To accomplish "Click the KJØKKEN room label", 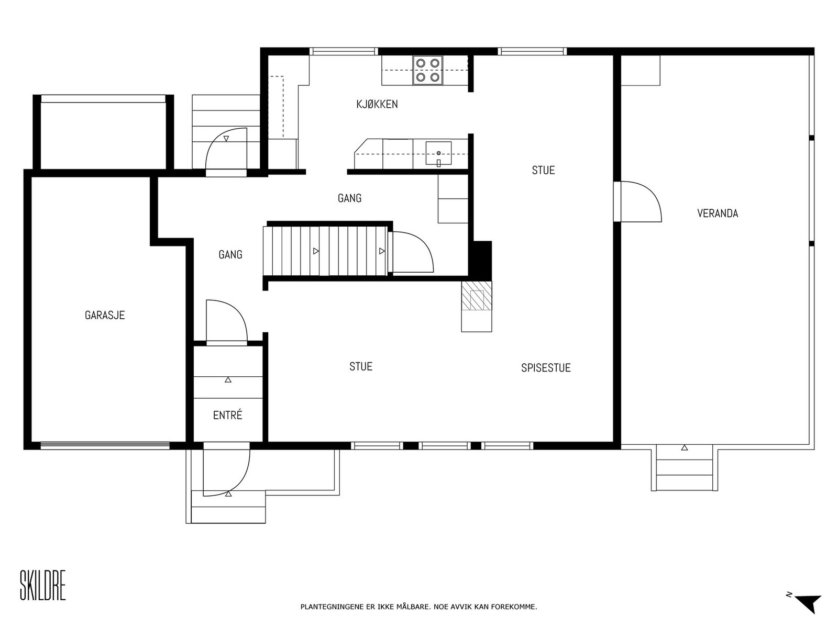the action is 377,104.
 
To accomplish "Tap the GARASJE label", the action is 105,316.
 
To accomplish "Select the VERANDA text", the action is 718,214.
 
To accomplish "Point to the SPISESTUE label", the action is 546,368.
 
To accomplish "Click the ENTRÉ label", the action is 227,415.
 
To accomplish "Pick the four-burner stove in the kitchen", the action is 427,70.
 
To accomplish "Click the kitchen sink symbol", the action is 438,154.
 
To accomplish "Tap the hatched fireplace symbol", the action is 476,296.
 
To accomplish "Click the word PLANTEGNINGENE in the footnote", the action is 332,607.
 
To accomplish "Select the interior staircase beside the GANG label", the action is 325,251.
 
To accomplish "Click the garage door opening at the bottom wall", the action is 105,445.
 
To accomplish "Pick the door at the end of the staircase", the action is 411,252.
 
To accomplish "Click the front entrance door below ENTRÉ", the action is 226,469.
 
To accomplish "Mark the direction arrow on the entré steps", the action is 228,380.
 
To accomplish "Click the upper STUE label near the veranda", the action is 543,171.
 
